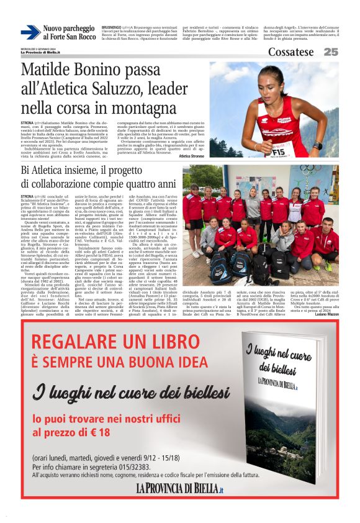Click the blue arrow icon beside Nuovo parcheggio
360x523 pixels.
tap(30, 32)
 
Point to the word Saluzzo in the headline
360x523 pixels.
tap(133, 89)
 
